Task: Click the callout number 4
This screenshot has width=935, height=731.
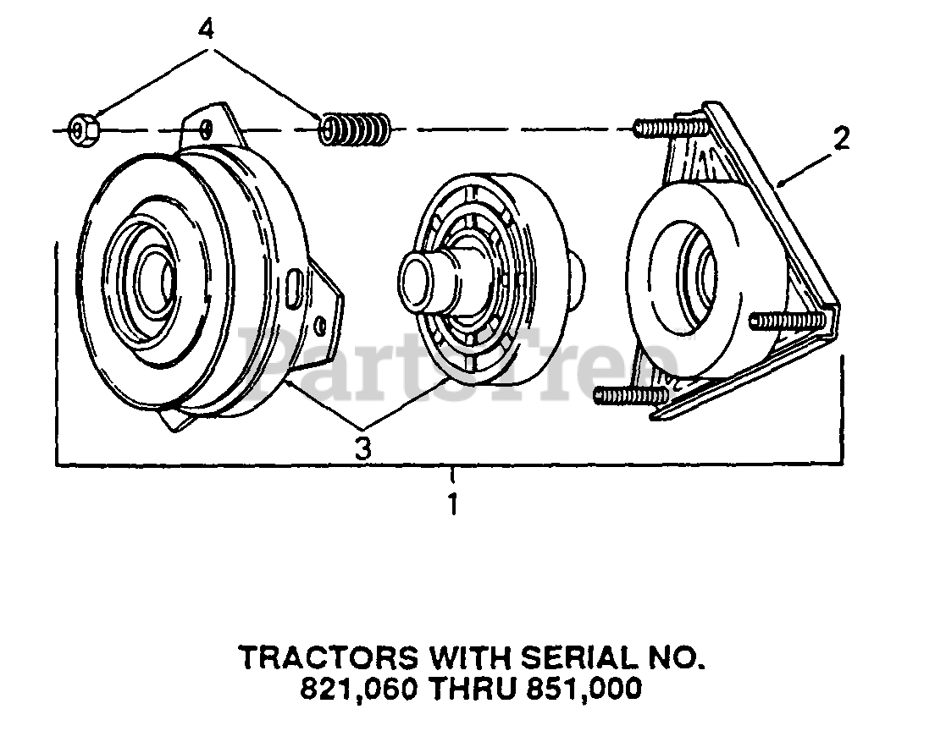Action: [x=206, y=29]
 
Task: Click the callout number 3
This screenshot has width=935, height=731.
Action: [x=362, y=448]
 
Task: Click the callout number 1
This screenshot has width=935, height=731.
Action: [x=453, y=504]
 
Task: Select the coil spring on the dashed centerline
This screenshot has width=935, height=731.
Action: [x=355, y=129]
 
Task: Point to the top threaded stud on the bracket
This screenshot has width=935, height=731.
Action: [x=669, y=128]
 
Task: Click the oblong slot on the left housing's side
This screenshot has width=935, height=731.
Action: [x=293, y=286]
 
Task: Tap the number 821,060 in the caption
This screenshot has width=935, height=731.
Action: [x=359, y=690]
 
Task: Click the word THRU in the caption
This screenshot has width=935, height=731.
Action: [x=471, y=690]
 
